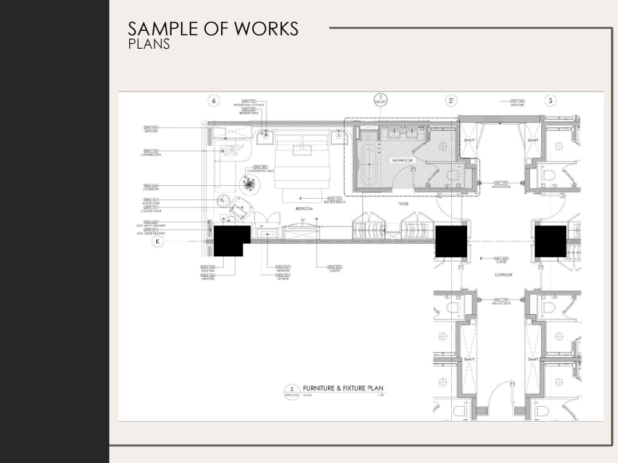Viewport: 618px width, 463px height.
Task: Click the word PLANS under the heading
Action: (x=149, y=44)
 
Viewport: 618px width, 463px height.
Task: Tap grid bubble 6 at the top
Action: (x=214, y=100)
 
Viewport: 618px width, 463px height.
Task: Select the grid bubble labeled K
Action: (x=158, y=242)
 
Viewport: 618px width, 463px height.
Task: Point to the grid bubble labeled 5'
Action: (x=452, y=100)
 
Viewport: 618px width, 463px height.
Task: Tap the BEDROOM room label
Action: (x=305, y=210)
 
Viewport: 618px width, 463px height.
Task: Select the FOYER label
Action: (x=403, y=202)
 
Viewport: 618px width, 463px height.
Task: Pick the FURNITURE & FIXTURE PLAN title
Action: (x=343, y=388)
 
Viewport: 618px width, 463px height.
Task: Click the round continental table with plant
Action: (x=250, y=183)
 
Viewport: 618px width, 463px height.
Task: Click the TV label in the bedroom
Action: (x=303, y=220)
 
